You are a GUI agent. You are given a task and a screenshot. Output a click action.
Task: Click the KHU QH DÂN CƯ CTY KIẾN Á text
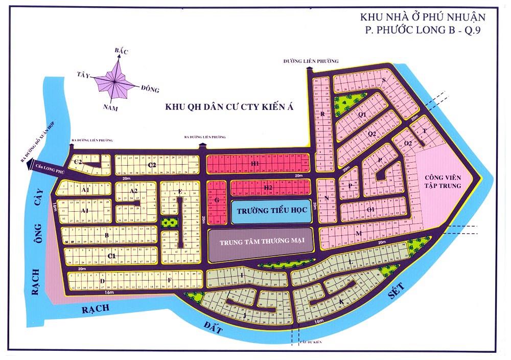point(230,108)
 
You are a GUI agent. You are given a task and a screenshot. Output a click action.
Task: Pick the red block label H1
point(255,163)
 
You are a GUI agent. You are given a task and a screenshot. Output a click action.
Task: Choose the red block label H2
point(268,188)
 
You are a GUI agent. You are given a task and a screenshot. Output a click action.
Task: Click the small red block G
point(217,201)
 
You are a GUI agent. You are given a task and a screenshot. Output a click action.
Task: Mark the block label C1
point(112,255)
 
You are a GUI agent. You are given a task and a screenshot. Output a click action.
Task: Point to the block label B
point(107,235)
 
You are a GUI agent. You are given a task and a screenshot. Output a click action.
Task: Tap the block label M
point(359,234)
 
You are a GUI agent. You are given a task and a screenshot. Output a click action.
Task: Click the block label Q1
point(362,115)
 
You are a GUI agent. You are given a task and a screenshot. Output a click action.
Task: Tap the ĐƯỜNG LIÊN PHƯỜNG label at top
point(311,61)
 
